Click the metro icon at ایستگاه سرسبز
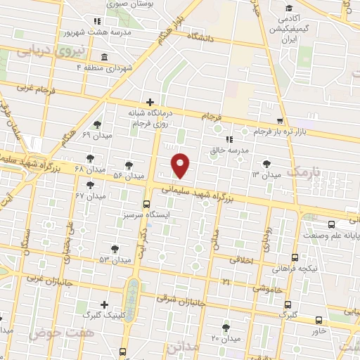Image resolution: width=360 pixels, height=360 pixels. click(146, 205)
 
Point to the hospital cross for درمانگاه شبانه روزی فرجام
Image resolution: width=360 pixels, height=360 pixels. click(149, 102)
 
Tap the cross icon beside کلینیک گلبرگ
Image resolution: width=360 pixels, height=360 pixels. click(105, 304)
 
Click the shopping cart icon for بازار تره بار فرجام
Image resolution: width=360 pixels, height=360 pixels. click(280, 121)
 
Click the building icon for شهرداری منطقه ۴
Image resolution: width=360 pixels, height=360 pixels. click(104, 56)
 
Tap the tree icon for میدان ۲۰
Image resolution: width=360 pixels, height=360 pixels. click(225, 327)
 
